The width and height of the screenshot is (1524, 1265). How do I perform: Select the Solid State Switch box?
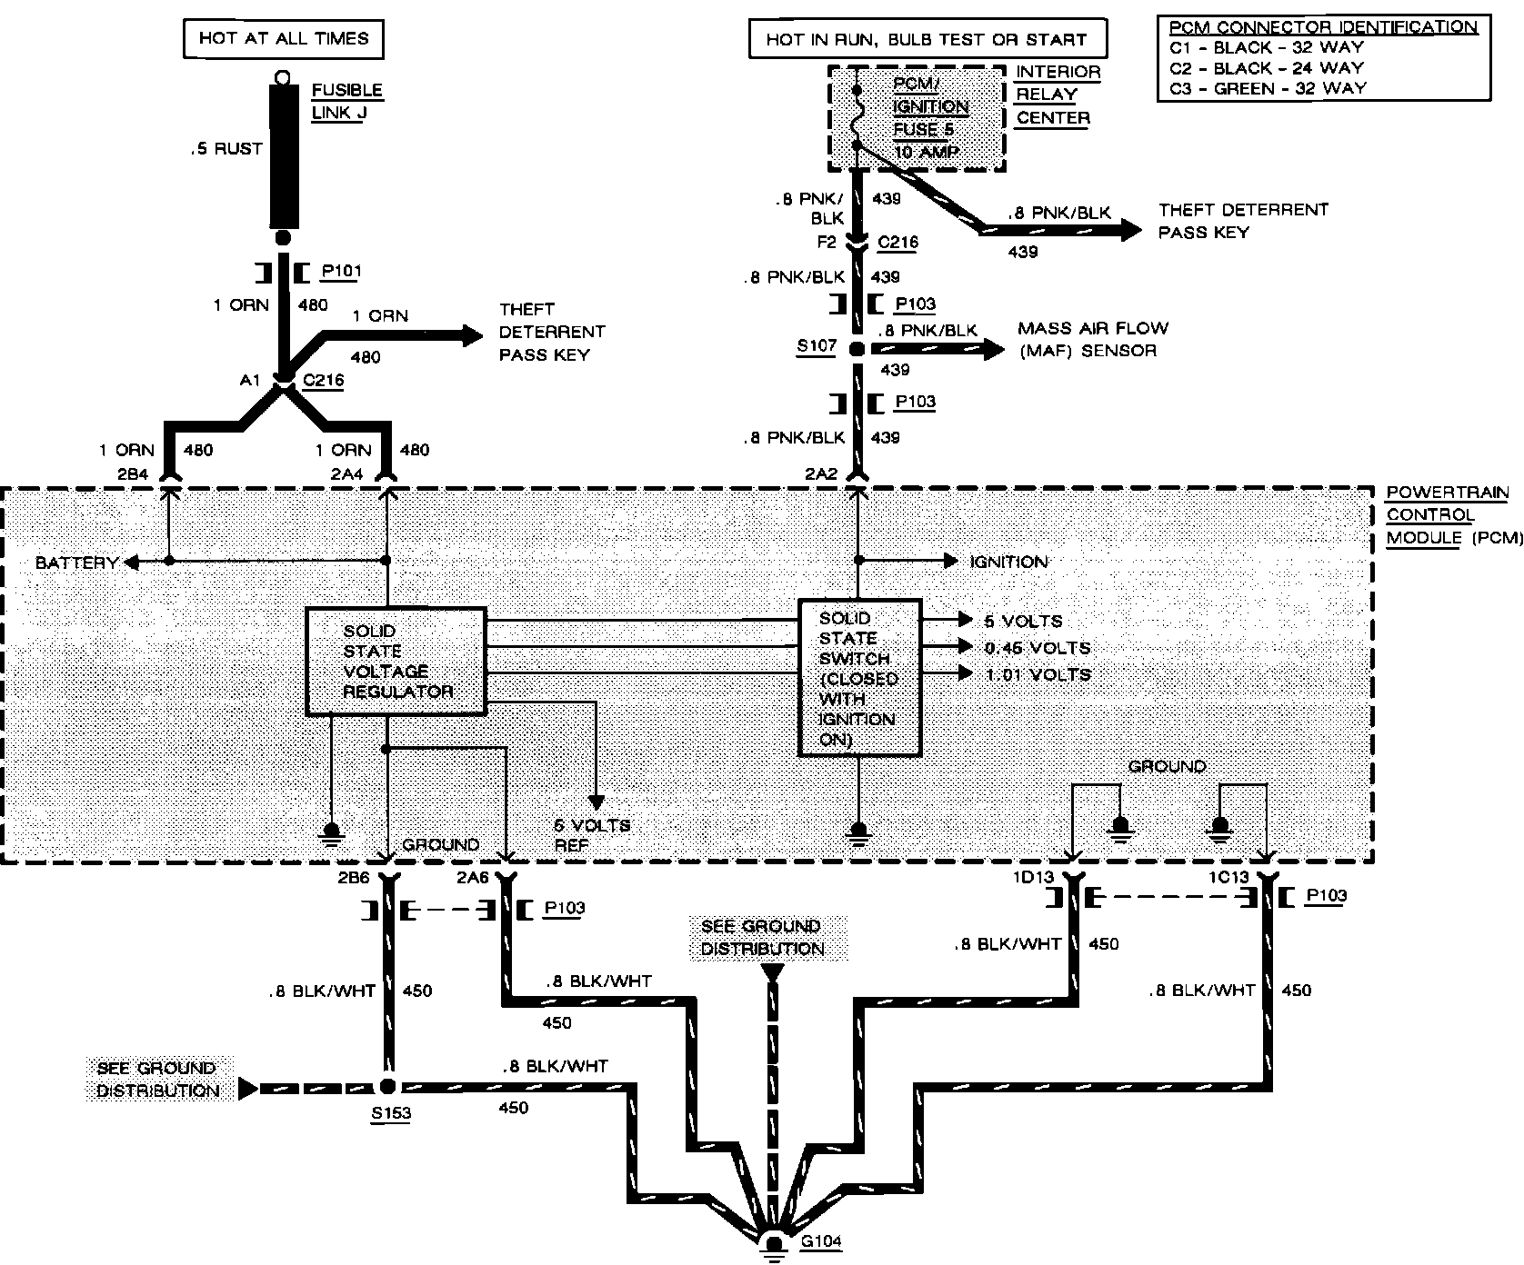[x=859, y=677]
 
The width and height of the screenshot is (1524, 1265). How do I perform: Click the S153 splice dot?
[x=387, y=1086]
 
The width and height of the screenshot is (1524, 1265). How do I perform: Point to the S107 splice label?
[x=815, y=347]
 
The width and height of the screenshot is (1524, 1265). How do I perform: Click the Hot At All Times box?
[x=284, y=39]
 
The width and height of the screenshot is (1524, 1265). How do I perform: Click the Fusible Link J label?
[x=346, y=102]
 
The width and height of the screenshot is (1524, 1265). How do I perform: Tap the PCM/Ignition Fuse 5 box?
[x=917, y=118]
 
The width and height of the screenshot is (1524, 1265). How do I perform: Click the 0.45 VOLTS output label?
[x=1037, y=648]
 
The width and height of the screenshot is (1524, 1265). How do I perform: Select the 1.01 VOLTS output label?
[x=1037, y=674]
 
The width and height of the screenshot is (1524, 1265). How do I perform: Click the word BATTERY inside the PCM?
[x=76, y=563]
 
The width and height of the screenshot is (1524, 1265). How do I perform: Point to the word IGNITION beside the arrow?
[x=1008, y=562]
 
